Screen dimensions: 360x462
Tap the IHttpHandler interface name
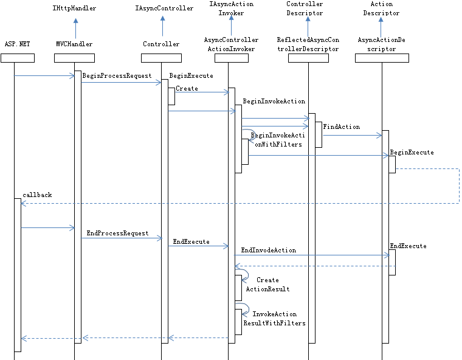[x=75, y=9]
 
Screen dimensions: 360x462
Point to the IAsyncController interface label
[x=161, y=9]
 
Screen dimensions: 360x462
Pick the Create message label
[x=187, y=88]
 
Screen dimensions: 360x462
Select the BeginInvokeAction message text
[x=274, y=101]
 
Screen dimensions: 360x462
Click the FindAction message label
[x=341, y=126]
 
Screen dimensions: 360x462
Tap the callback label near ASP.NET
[x=37, y=195]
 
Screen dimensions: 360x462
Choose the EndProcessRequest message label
[x=117, y=233]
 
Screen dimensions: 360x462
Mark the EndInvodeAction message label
[x=268, y=250]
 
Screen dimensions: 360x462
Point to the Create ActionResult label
[x=267, y=285]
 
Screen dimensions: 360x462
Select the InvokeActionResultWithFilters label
[x=274, y=319]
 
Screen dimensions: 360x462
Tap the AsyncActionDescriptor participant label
[x=381, y=44]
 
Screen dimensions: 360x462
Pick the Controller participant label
[x=161, y=44]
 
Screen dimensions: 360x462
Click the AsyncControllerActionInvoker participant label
[x=231, y=44]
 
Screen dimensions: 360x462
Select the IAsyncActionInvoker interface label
[x=231, y=9]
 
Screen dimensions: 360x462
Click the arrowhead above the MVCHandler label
[x=75, y=21]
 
